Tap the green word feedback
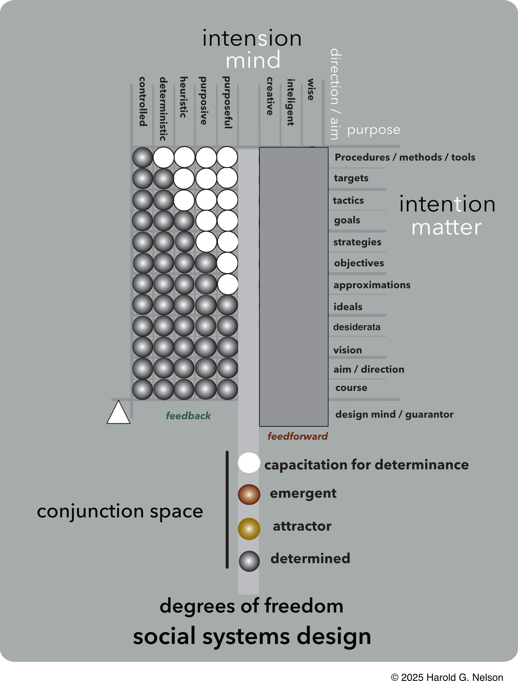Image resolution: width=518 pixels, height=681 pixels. point(188,416)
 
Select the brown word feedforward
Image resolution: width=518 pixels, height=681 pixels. point(297,436)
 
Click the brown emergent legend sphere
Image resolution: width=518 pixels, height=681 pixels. point(249,494)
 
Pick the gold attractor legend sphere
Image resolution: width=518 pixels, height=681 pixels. point(249,529)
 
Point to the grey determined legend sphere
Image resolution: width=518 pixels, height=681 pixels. point(249,561)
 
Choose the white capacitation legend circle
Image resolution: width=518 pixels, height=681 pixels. point(249,463)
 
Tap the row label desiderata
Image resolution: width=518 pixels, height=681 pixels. point(357,327)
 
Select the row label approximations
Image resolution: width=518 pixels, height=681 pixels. point(372,285)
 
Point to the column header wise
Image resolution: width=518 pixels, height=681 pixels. point(311,90)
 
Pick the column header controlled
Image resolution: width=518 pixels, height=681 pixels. point(143,102)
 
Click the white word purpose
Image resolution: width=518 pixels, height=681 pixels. point(374,130)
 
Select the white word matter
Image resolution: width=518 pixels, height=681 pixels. point(446,227)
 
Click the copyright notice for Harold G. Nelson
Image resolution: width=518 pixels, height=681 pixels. point(447,677)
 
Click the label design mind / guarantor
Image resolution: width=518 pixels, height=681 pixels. point(394,414)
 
